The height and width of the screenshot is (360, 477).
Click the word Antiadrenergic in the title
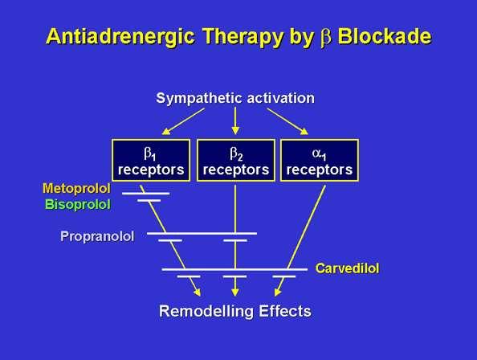[x=120, y=36]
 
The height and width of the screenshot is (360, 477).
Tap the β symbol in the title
[x=325, y=38]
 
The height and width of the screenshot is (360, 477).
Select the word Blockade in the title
[x=385, y=36]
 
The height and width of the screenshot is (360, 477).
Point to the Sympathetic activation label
[x=235, y=98]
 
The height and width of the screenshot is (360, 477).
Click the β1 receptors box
[x=151, y=161]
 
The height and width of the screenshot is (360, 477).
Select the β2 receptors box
[x=236, y=161]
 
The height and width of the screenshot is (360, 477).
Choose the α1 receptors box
[x=320, y=161]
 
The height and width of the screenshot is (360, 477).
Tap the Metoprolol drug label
[x=76, y=188]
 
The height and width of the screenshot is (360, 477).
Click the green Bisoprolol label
[x=78, y=204]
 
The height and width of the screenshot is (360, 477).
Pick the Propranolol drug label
[x=97, y=236]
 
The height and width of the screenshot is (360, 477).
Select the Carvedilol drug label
[x=347, y=268]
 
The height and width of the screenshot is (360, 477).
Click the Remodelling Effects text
[x=235, y=311]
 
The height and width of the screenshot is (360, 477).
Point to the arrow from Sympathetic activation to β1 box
[x=183, y=121]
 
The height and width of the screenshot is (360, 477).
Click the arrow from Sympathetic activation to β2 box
[x=235, y=121]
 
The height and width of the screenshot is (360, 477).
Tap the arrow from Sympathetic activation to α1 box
[x=287, y=121]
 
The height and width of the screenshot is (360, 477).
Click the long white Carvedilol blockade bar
[x=234, y=269]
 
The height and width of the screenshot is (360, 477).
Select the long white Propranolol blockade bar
[x=202, y=234]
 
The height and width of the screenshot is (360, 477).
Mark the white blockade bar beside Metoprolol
[x=145, y=193]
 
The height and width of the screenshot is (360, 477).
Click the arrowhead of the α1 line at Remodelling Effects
[x=277, y=292]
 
